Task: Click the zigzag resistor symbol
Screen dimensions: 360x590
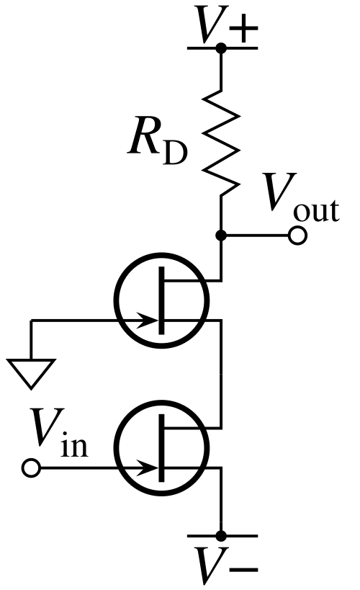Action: (x=221, y=143)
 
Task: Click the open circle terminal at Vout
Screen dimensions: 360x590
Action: (x=298, y=236)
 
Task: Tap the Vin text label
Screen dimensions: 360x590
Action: (x=60, y=433)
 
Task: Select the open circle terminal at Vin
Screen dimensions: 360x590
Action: (x=31, y=468)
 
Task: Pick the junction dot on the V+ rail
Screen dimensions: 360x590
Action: (x=221, y=48)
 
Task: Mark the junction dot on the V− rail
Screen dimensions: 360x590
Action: (x=221, y=535)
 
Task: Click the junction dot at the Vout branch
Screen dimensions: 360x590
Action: (x=221, y=236)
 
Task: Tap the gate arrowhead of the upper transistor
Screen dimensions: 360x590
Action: (x=148, y=321)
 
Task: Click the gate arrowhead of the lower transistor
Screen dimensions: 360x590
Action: (x=148, y=468)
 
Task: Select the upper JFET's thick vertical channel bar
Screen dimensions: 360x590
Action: (x=162, y=300)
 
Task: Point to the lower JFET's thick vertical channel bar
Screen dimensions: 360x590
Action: (x=162, y=448)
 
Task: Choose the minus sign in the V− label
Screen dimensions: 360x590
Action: (x=243, y=569)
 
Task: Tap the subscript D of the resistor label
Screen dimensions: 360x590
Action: (x=175, y=153)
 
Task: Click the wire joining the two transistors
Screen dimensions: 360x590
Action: (x=222, y=374)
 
